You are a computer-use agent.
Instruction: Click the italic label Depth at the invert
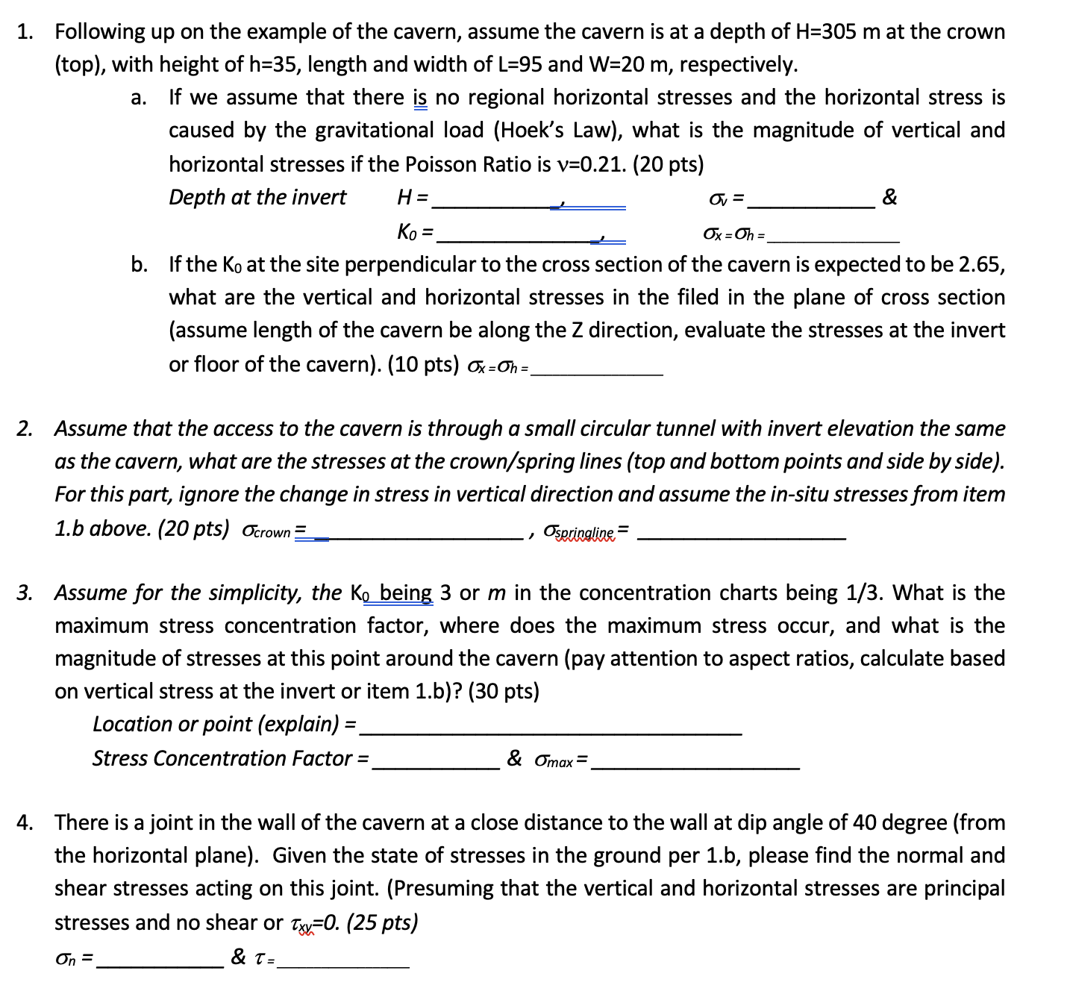[257, 197]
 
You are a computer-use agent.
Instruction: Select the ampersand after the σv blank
[889, 197]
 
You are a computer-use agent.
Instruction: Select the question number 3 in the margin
[25, 593]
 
